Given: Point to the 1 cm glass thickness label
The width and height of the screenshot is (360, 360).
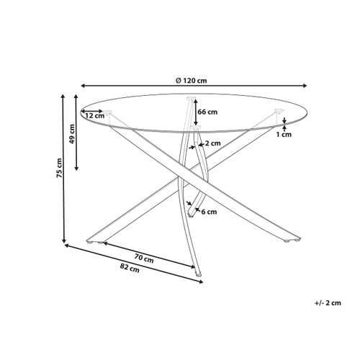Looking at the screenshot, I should coord(287,134).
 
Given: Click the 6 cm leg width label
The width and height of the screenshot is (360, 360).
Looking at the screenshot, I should coord(209,212).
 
